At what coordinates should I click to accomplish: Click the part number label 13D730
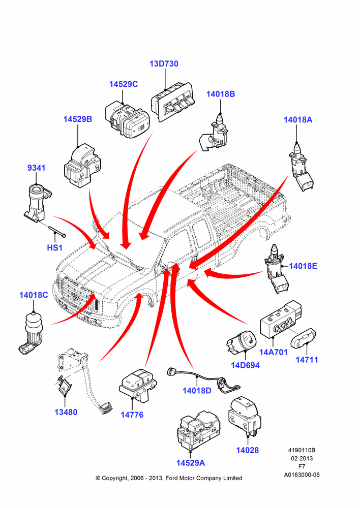pos(164,63)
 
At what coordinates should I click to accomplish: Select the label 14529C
pos(124,84)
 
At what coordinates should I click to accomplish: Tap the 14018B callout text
pos(221,94)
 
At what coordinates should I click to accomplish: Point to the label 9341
pos(36,168)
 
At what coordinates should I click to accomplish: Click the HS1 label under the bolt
pos(54,247)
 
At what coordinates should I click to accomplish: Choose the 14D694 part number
pos(245,365)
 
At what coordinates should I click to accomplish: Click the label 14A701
pos(274,352)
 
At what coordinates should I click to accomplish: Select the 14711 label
pos(307,360)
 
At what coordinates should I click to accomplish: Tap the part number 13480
pos(66,412)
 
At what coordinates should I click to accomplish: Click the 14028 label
pos(248,450)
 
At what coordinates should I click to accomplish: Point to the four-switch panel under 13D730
pos(172,102)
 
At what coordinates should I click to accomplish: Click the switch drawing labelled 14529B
pos(82,165)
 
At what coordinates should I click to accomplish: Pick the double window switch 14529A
pos(198,431)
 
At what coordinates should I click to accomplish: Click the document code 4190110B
pos(302,450)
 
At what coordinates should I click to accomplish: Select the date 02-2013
pos(302,458)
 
